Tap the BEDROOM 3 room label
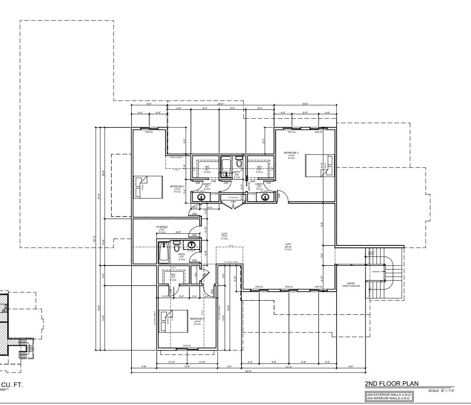(x=291, y=153)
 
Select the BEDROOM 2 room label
(x=177, y=187)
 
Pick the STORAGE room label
(x=162, y=227)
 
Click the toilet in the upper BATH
(x=239, y=163)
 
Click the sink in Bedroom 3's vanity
(x=265, y=196)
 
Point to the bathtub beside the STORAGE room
(x=162, y=252)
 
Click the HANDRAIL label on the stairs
(x=376, y=271)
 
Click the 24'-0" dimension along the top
(x=220, y=104)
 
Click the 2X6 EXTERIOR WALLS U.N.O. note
(x=389, y=395)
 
